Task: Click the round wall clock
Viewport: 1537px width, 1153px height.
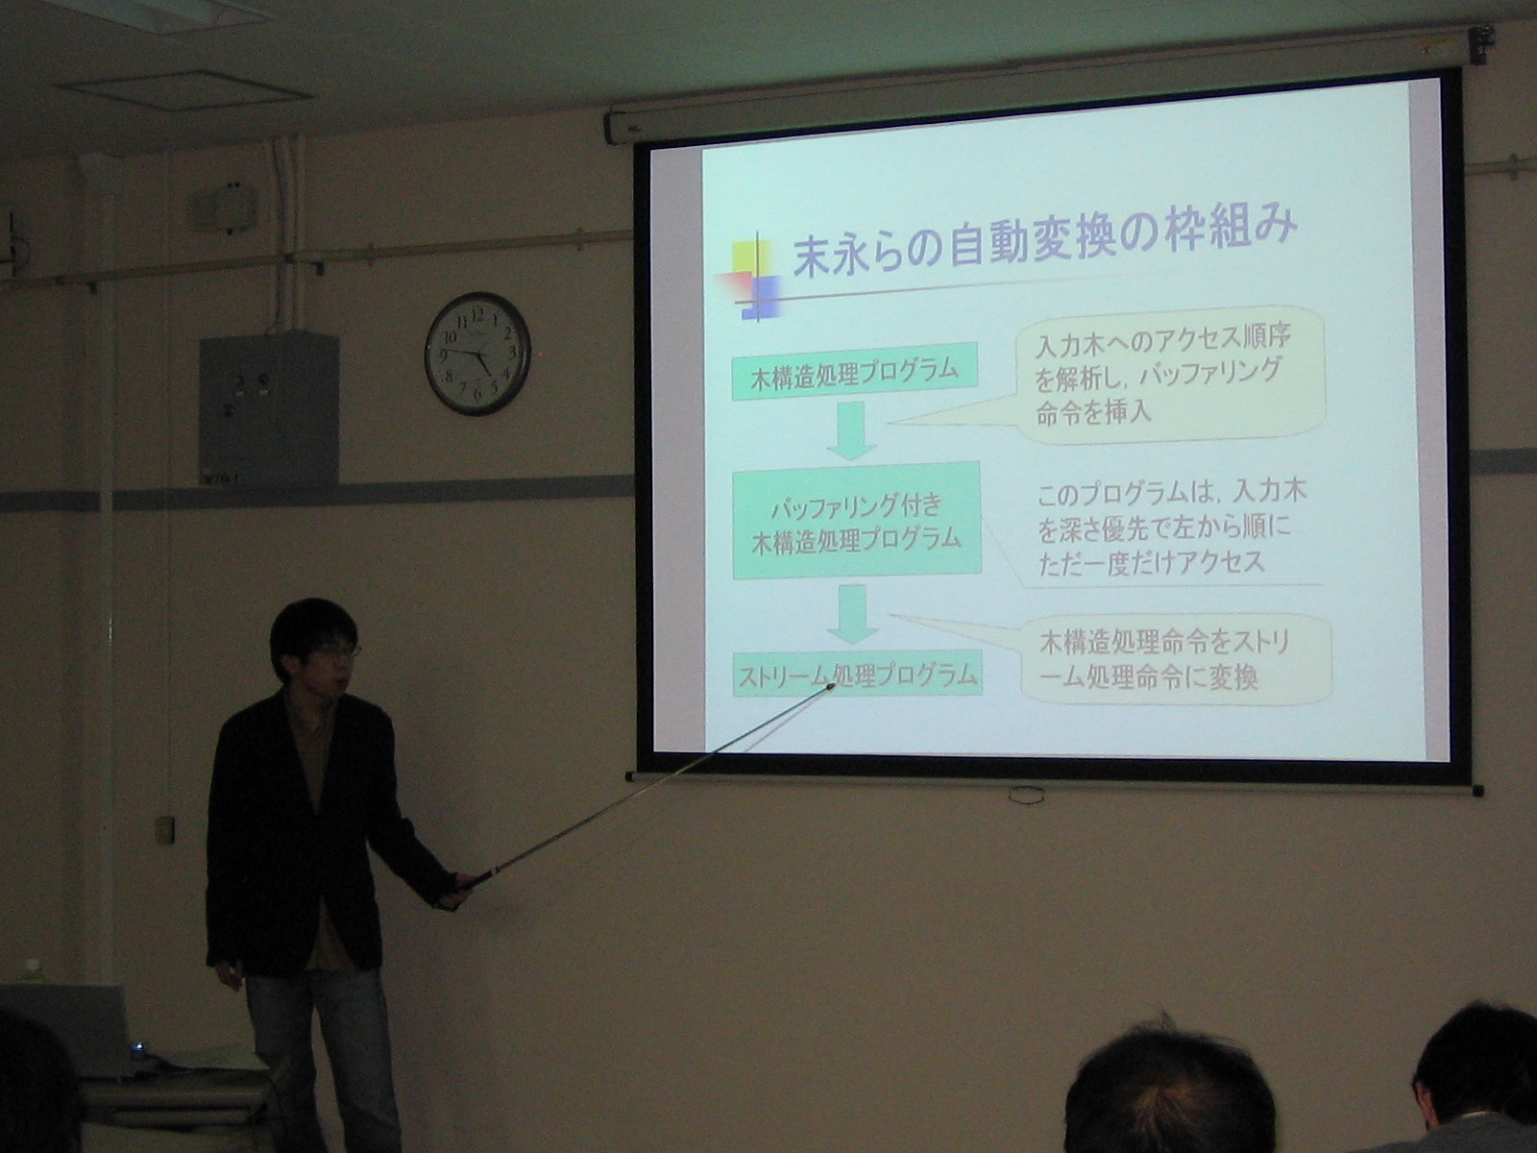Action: point(478,354)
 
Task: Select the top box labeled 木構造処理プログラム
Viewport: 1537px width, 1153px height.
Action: point(854,370)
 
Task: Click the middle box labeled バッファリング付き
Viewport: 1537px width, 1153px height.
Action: point(856,520)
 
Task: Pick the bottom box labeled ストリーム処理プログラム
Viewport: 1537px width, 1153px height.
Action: point(857,675)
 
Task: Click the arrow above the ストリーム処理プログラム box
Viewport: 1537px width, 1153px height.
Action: point(853,614)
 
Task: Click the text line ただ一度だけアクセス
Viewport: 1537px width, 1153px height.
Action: point(1152,564)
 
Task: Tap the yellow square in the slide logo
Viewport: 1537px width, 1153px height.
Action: point(750,257)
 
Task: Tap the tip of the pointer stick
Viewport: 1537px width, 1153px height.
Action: point(833,685)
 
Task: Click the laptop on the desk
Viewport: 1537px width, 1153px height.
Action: point(66,1026)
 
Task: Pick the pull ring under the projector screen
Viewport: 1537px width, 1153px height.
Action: point(1027,794)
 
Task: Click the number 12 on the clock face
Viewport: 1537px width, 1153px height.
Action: point(478,313)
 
